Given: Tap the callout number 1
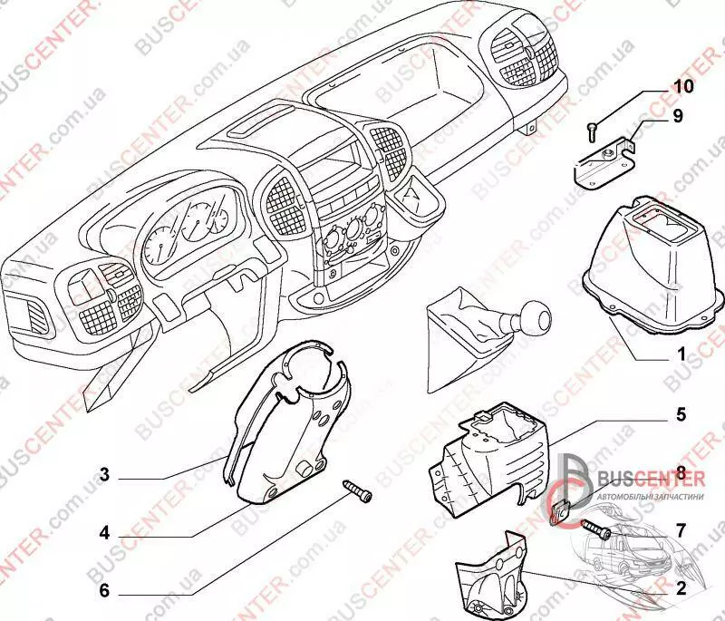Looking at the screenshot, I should click(x=680, y=354).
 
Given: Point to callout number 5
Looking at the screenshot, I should click(x=679, y=417).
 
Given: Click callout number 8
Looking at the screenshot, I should click(x=679, y=471).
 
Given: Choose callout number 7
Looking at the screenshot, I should click(x=681, y=527).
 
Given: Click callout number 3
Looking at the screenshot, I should click(x=104, y=473).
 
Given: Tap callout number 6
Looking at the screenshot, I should click(x=104, y=589).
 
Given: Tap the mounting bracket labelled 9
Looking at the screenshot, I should click(x=604, y=160).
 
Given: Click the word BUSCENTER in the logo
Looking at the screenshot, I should click(x=639, y=480).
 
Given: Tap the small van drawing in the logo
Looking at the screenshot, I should click(x=625, y=535).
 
